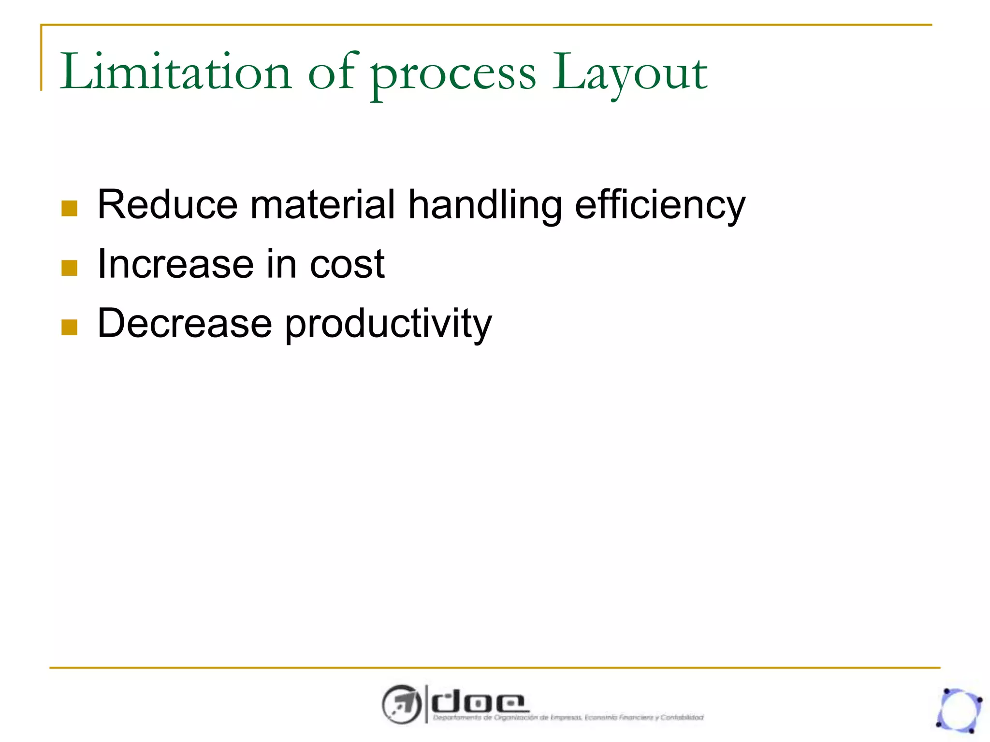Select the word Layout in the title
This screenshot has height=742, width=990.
point(629,75)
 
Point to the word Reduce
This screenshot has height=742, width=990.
point(167,205)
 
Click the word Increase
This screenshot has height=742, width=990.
point(175,264)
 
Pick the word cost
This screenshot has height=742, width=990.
point(347,265)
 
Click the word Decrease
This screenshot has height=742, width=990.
point(184,323)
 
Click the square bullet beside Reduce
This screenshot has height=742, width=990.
point(70,209)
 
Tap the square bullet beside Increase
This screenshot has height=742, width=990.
point(70,268)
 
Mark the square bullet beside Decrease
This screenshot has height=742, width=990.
point(70,327)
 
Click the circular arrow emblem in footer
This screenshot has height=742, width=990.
point(401,704)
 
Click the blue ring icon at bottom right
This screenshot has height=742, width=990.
point(959,711)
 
